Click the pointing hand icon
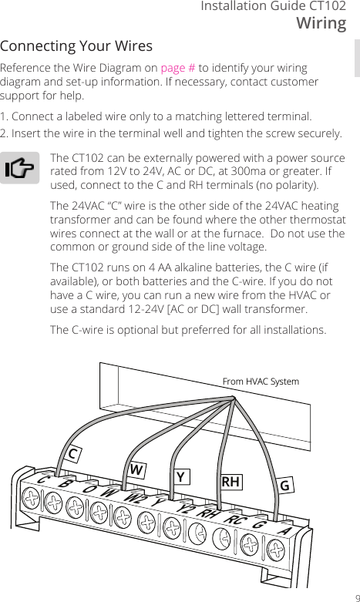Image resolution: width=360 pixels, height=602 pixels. tap(22, 169)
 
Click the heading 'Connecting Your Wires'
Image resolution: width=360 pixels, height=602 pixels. tap(76, 45)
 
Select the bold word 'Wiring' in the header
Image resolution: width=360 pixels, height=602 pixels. tap(321, 23)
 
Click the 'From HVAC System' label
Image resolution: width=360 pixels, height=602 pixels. tap(260, 382)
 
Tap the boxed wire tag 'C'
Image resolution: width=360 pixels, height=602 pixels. tap(74, 453)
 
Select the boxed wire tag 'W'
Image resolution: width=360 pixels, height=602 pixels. tap(136, 469)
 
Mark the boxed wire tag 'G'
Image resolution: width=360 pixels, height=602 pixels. tap(284, 486)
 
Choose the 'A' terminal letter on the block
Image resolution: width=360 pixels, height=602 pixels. tap(286, 530)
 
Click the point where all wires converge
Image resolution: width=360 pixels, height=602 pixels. tap(234, 399)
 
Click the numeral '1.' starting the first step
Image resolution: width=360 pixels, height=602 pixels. tap(5, 116)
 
